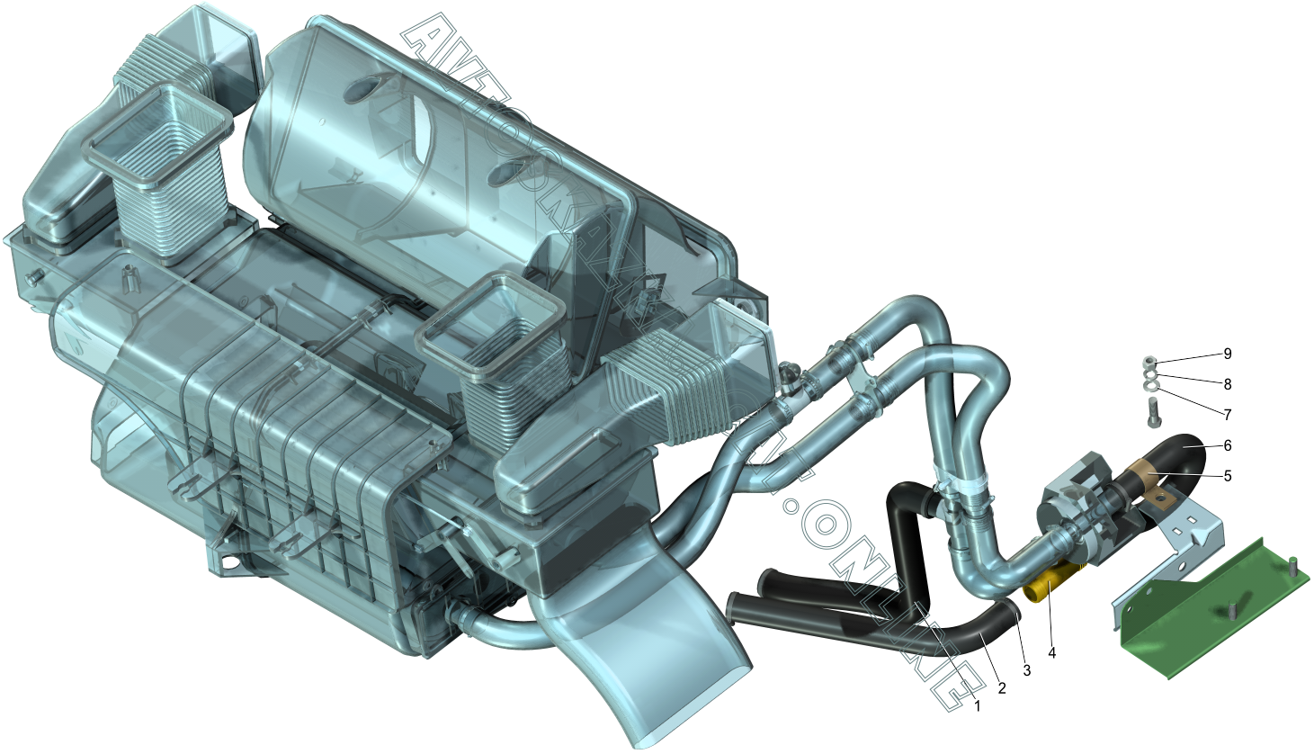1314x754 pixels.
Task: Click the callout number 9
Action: tap(1227, 354)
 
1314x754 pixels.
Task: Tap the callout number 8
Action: tap(1227, 384)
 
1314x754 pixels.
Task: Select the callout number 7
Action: tap(1227, 415)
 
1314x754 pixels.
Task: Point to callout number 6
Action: tap(1227, 445)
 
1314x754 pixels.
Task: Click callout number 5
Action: tap(1227, 476)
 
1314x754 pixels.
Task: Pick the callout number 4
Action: tap(1051, 652)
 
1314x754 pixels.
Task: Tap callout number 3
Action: tap(1026, 670)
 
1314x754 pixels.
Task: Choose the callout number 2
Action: tap(1001, 688)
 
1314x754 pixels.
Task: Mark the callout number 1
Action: tap(977, 707)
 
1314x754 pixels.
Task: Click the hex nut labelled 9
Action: tap(1150, 362)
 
